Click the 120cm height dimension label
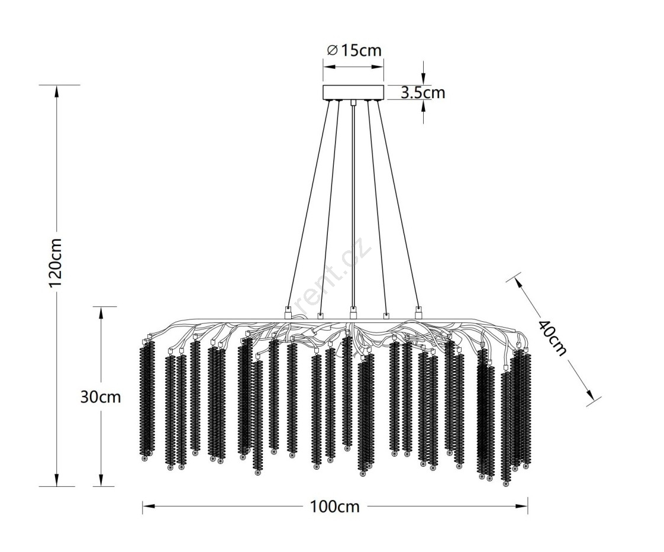pos(56,263)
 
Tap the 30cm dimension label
pos(101,397)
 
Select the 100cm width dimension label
pos(335,506)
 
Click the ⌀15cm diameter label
pos(355,50)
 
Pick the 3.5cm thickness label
pos(423,93)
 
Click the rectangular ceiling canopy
pos(353,93)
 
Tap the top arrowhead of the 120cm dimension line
pos(57,92)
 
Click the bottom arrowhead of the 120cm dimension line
pos(57,480)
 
